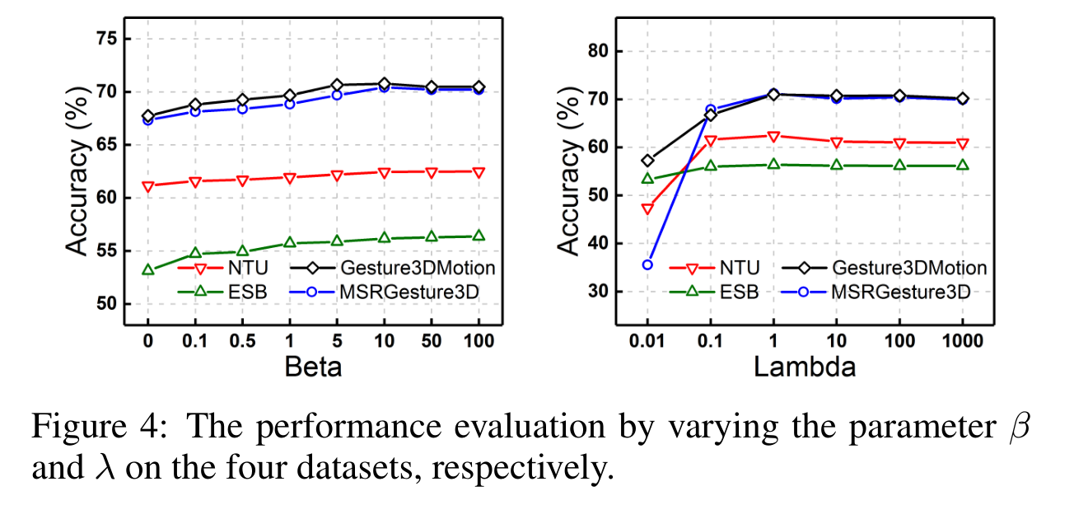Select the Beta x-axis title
coord(313,366)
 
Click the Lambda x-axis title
coord(804,366)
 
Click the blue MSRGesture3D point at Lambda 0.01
coord(647,264)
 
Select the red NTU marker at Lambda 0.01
coord(647,208)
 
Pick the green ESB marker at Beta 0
coord(148,269)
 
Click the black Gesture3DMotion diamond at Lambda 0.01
coord(647,161)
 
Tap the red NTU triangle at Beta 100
coord(478,172)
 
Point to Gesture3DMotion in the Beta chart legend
coord(417,268)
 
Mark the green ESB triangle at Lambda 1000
coord(961,166)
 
